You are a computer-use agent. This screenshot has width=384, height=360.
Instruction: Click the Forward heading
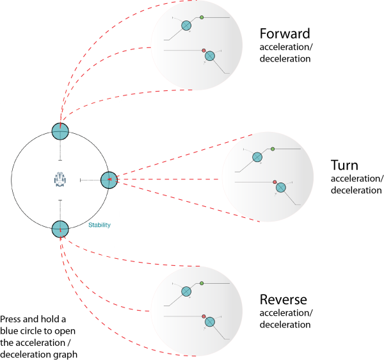point(285,33)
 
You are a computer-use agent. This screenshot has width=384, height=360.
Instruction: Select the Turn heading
point(344,165)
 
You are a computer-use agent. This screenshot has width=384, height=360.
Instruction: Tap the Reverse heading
point(284,300)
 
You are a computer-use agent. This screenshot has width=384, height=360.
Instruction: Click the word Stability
point(99,225)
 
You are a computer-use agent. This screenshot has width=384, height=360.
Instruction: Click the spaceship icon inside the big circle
point(60,179)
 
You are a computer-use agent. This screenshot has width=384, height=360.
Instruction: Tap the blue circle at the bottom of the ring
point(60,229)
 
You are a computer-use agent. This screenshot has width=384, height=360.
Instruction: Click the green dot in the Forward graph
point(202,17)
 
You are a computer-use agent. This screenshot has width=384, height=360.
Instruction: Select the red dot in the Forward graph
point(204,51)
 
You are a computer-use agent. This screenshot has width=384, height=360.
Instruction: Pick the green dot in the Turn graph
point(273,149)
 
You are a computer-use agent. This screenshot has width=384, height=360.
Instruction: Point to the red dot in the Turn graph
point(275,182)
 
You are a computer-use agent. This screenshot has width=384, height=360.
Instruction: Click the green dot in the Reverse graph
point(202,283)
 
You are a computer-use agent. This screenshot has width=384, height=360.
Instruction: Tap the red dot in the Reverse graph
point(204,316)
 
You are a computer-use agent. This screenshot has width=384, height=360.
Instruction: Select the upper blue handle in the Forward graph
point(186,26)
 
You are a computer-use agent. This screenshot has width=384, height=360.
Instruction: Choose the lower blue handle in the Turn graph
point(281,188)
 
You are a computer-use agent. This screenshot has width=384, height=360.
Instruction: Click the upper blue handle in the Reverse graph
point(186,291)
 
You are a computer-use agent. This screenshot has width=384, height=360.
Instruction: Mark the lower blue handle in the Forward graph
point(210,56)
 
